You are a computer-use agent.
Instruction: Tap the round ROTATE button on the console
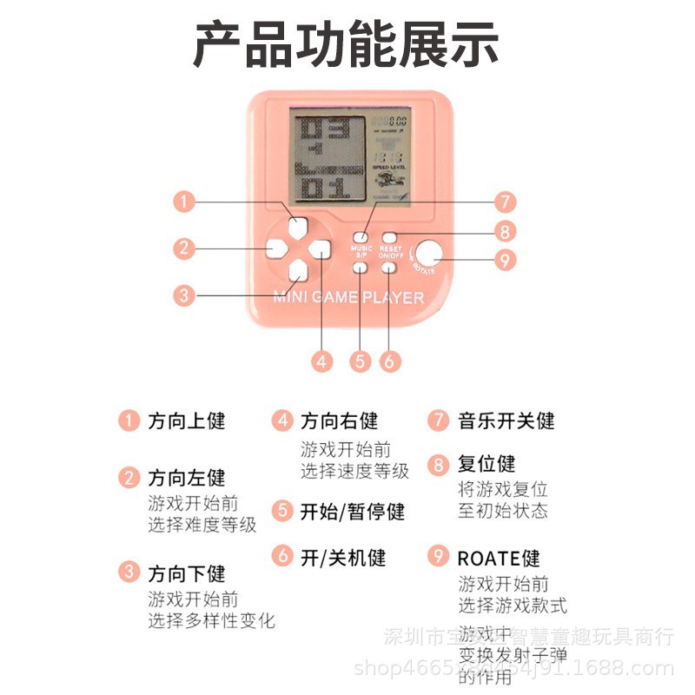click(x=427, y=253)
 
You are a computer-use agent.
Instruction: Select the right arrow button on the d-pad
click(x=321, y=249)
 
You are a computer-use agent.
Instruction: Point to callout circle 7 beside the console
click(x=504, y=202)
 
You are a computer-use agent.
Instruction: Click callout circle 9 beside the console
click(x=504, y=231)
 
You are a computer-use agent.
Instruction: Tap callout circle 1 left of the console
click(x=182, y=202)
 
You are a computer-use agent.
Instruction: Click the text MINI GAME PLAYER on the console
click(x=348, y=298)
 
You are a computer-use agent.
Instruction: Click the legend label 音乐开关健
click(x=506, y=421)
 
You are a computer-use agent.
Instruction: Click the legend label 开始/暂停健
click(x=352, y=512)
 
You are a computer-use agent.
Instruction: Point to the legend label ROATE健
click(x=499, y=558)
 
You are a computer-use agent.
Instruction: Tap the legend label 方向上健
click(x=187, y=421)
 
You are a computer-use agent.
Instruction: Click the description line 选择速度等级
click(x=354, y=472)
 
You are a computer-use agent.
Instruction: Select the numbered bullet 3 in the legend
click(x=129, y=573)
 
